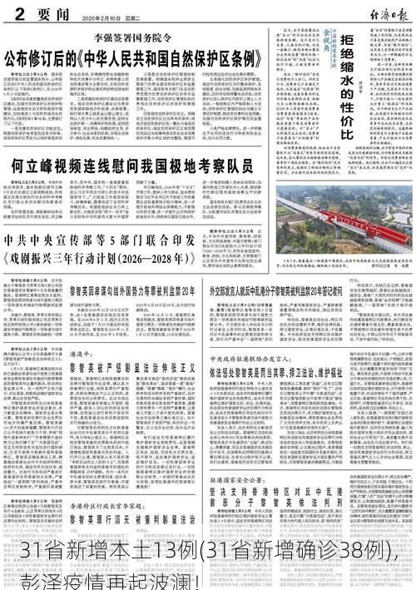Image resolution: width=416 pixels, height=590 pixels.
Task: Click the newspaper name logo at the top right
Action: click(386, 12)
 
